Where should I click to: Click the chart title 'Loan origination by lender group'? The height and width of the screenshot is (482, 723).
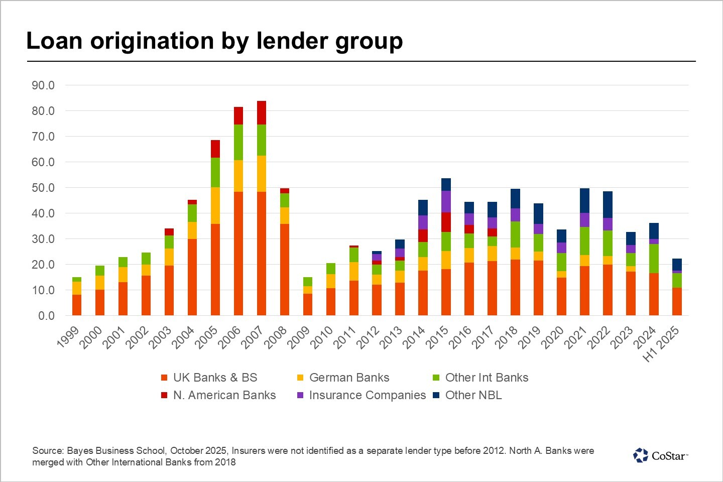[x=214, y=41]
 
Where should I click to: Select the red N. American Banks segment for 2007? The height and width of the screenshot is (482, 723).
[x=261, y=112]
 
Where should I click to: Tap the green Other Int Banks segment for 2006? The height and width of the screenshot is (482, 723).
[x=238, y=142]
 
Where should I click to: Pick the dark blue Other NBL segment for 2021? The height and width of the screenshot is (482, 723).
[x=584, y=200]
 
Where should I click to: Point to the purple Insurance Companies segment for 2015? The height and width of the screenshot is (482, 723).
[x=446, y=201]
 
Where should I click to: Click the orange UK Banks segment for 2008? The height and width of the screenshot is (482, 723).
[x=285, y=269]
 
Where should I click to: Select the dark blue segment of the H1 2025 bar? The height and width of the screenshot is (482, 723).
[x=677, y=264]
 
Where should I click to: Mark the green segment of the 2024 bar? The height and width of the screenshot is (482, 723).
[x=654, y=259]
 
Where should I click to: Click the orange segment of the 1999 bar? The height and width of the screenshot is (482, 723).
[x=77, y=305]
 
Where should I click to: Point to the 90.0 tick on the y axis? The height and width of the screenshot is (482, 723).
[x=43, y=85]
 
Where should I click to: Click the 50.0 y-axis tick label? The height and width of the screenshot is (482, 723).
[x=43, y=188]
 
